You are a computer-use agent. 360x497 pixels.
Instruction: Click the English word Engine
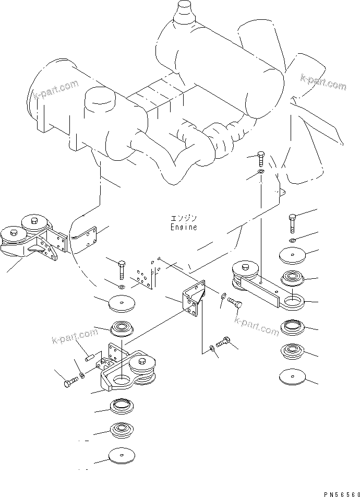(x=184, y=227)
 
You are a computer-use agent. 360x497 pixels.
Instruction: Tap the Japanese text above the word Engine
(x=184, y=219)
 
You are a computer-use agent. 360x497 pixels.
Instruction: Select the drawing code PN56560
(x=342, y=494)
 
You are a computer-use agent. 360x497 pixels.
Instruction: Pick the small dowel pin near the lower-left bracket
(x=89, y=357)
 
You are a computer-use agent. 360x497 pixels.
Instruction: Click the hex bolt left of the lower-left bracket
(x=70, y=382)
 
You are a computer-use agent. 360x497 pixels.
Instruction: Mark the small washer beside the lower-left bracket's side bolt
(x=81, y=376)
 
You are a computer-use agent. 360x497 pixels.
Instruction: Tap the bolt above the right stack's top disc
(x=293, y=223)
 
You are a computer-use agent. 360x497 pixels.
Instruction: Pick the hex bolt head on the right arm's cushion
(x=245, y=267)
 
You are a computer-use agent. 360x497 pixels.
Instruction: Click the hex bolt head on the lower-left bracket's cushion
(x=142, y=361)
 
